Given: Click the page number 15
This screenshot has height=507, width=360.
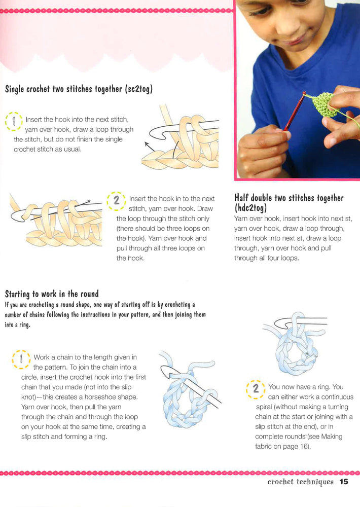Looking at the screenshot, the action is (x=343, y=482).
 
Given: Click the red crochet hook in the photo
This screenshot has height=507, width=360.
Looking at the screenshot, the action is (x=295, y=112).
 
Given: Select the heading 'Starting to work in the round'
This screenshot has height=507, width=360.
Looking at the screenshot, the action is (x=52, y=294).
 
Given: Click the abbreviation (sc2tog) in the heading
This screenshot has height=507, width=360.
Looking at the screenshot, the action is (x=138, y=89).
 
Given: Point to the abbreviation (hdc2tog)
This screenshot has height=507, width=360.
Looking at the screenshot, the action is (x=250, y=207).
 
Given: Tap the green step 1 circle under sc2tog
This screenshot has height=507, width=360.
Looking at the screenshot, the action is (x=14, y=121).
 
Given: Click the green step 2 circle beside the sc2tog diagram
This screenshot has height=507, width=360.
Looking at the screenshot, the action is (x=116, y=201).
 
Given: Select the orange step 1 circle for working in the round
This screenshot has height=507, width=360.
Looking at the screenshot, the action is (x=21, y=359).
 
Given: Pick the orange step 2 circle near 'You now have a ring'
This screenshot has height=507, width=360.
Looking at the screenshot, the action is (x=256, y=389).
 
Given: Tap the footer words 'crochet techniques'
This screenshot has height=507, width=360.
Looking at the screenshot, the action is (x=301, y=482).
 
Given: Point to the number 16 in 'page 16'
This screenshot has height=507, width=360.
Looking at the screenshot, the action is (x=304, y=447).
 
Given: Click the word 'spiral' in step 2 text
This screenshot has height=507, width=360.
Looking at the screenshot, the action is (x=264, y=407).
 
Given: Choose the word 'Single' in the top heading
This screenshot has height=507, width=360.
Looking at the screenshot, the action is (x=14, y=89).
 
